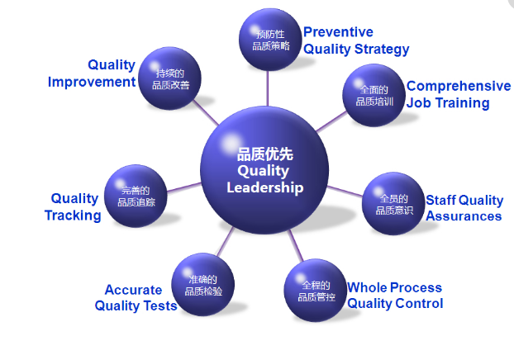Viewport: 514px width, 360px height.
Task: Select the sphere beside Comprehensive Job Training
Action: pyautogui.click(x=374, y=97)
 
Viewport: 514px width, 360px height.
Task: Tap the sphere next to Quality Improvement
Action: pyautogui.click(x=170, y=78)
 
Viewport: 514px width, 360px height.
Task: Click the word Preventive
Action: pyautogui.click(x=338, y=32)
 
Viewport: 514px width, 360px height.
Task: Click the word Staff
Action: pyautogui.click(x=440, y=200)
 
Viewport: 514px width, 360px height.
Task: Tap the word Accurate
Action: pyautogui.click(x=133, y=290)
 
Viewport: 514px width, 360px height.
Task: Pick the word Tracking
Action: pyautogui.click(x=73, y=216)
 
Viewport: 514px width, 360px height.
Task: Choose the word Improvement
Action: pyautogui.click(x=91, y=82)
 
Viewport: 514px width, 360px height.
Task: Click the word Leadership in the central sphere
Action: pyautogui.click(x=264, y=187)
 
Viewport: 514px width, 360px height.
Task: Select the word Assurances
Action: pyautogui.click(x=464, y=216)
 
